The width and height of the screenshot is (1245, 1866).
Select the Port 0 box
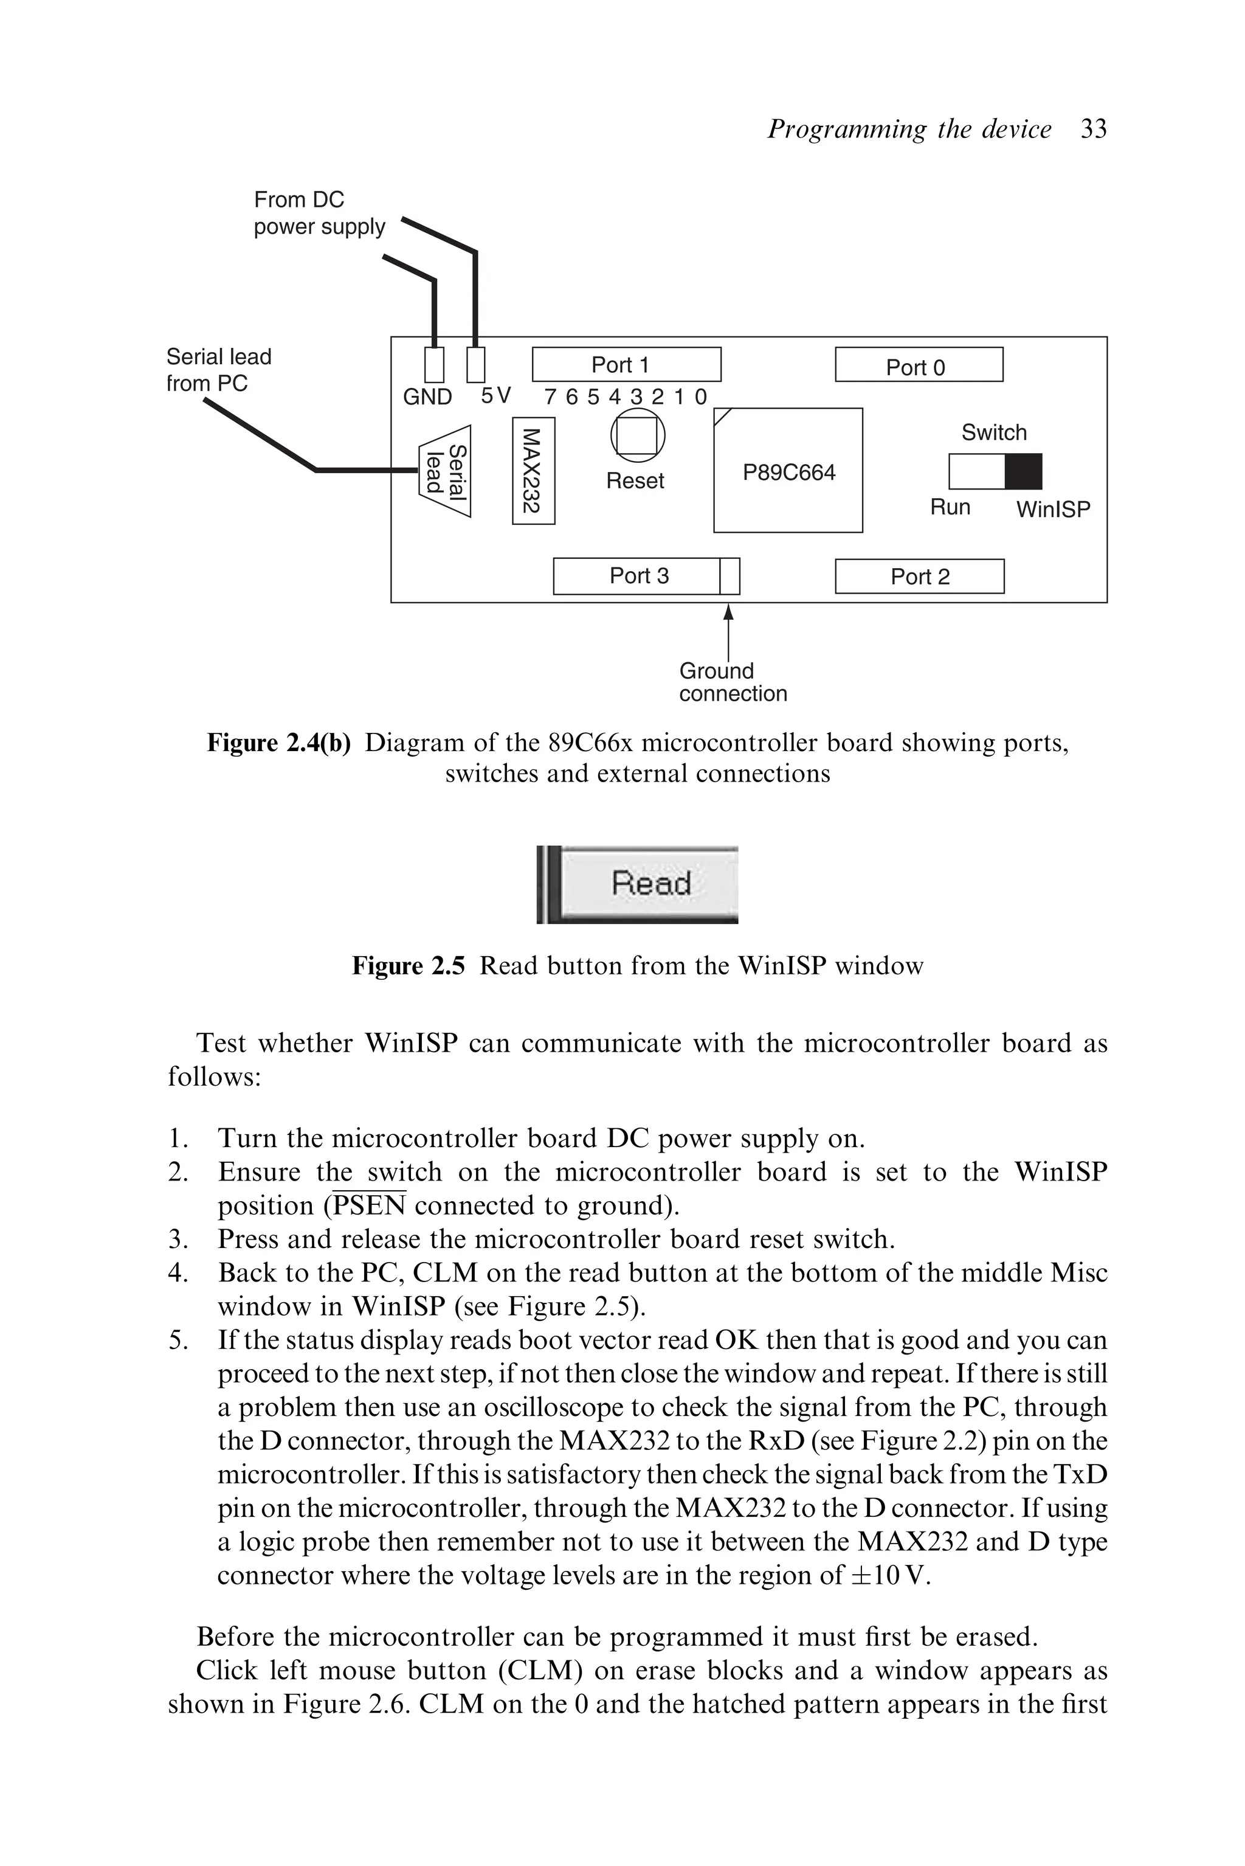coord(918,366)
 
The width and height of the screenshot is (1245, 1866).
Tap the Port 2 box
coord(919,577)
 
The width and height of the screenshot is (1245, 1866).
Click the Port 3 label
coord(638,576)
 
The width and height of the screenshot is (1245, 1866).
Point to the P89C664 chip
coord(788,472)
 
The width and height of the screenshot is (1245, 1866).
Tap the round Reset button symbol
coord(637,435)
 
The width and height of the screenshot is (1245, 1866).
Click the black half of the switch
coord(1023,472)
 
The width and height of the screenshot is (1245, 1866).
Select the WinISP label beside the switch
coord(1052,509)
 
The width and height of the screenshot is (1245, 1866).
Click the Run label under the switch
coord(950,508)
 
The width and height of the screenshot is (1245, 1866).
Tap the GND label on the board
coord(427,397)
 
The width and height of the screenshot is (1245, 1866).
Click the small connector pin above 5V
coord(475,366)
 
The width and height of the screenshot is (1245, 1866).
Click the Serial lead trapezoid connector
coord(446,471)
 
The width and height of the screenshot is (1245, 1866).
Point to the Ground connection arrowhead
coord(728,612)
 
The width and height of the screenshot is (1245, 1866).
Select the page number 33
coord(1094,129)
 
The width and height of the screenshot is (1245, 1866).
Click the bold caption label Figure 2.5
coord(408,966)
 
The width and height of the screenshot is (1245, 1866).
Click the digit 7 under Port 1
coord(550,397)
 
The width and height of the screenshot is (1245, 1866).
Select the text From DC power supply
coord(319,213)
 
